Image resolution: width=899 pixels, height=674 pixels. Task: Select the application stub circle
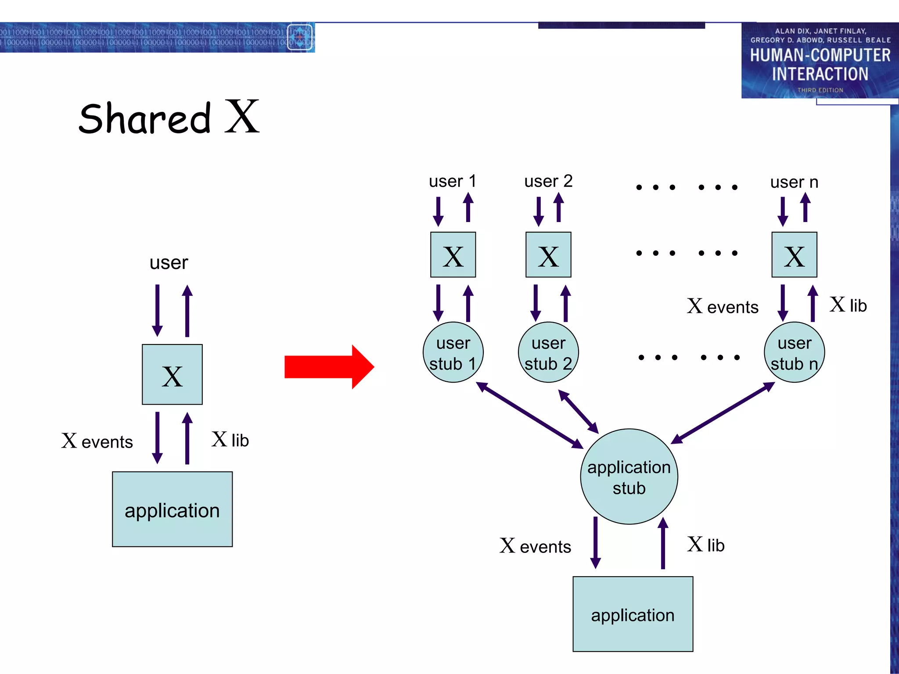click(x=629, y=477)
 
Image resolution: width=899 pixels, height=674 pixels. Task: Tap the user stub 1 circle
click(x=453, y=353)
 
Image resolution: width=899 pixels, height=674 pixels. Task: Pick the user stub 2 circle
click(x=548, y=353)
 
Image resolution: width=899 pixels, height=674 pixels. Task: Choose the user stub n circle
click(x=794, y=353)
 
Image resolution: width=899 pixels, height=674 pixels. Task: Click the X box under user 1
click(x=453, y=255)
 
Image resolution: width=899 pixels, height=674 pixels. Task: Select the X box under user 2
click(x=548, y=255)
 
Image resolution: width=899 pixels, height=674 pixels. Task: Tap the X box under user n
click(x=794, y=255)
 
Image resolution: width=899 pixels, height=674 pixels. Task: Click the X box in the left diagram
click(x=172, y=374)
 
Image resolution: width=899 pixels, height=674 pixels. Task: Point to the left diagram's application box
click(x=172, y=509)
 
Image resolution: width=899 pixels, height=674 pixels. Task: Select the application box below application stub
click(x=633, y=614)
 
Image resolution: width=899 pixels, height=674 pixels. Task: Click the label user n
click(x=794, y=182)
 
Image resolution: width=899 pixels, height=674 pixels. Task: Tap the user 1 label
click(x=453, y=181)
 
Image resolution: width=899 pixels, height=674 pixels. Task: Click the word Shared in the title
click(x=145, y=118)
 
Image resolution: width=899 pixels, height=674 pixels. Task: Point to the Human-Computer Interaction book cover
click(x=820, y=61)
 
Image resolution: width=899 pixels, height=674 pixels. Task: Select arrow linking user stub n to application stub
click(x=723, y=412)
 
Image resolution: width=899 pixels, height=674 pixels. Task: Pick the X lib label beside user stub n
click(x=848, y=305)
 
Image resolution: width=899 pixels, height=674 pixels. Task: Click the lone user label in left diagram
click(x=169, y=263)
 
